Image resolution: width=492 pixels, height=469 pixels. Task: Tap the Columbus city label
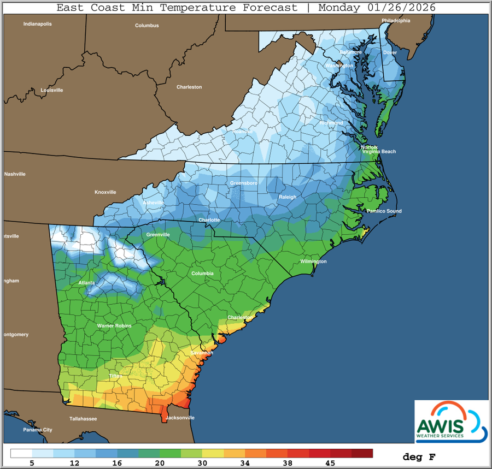(147, 26)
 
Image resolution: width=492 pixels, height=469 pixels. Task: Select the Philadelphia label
(396, 21)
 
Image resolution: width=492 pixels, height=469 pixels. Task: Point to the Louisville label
(52, 90)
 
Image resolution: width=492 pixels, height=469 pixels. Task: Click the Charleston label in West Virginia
(189, 87)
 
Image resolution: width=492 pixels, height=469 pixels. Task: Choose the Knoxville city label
(106, 192)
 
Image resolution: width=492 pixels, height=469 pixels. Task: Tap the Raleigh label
(288, 197)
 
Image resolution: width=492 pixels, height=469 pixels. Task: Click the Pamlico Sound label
(384, 211)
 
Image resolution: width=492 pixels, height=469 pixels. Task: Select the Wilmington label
(313, 262)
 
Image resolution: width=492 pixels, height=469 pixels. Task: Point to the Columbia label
(202, 273)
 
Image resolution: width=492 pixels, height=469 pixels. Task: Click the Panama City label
(37, 430)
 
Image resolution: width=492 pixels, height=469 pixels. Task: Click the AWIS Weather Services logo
(451, 421)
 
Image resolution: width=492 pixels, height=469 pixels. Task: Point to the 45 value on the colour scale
(330, 463)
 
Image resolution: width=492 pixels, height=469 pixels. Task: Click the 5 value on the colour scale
(32, 463)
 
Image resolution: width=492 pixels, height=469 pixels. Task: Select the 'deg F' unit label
(419, 456)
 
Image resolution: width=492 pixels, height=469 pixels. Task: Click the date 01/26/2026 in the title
(395, 7)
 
